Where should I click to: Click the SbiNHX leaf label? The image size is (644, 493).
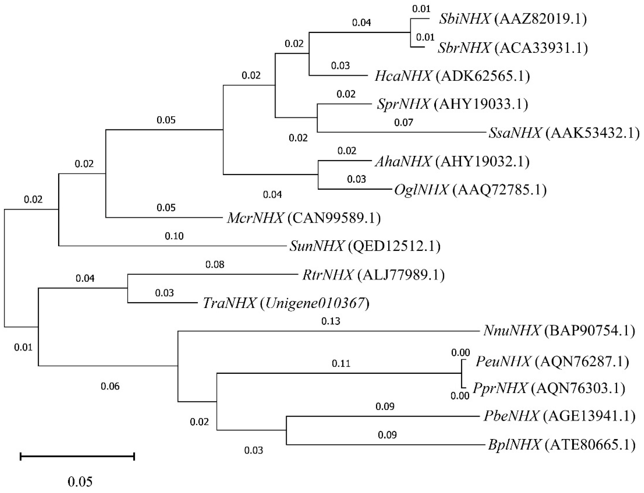click(464, 19)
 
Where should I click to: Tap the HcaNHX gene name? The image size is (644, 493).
click(403, 76)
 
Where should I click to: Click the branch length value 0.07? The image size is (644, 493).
click(403, 122)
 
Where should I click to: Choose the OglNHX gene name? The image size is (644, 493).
click(421, 190)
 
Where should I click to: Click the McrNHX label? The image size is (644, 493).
click(255, 218)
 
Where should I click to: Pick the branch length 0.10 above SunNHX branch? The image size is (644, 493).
click(174, 236)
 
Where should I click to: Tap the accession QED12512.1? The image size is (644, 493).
click(394, 246)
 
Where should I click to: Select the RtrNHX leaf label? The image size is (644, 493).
click(328, 275)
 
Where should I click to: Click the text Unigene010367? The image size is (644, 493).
click(315, 303)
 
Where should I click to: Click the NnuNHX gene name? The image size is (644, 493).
click(512, 331)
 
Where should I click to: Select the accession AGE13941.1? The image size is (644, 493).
click(589, 416)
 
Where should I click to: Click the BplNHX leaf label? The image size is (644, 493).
click(514, 445)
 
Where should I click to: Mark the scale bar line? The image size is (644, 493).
click(77, 456)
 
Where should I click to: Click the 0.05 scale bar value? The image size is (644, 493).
click(80, 481)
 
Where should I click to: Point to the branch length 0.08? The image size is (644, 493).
click(215, 265)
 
